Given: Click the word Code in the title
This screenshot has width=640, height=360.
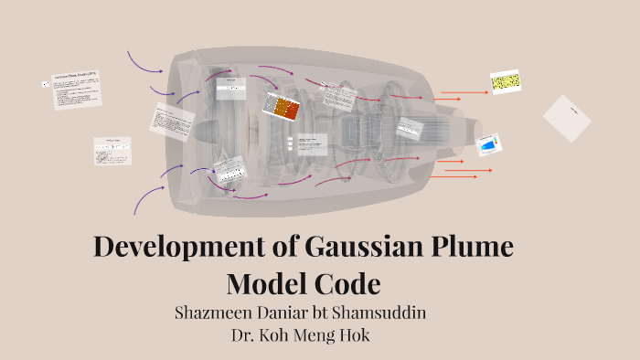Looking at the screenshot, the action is [x=347, y=283].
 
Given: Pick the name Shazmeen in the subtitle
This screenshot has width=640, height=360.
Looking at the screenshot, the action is [x=215, y=312].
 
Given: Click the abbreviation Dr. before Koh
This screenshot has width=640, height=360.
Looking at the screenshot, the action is [x=244, y=334].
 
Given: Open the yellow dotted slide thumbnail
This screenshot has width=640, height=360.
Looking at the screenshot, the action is [x=505, y=83].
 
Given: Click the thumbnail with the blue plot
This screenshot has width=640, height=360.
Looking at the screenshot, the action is [x=489, y=145].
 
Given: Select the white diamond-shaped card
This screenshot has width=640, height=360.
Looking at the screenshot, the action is [x=567, y=119].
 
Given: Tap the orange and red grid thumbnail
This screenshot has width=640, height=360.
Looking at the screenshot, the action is [x=282, y=107].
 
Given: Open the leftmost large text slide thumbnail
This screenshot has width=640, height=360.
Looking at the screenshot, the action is [x=75, y=90].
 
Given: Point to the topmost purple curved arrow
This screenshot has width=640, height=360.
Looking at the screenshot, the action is [x=144, y=60].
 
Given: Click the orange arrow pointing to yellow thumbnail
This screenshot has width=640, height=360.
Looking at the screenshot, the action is [x=464, y=92].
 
